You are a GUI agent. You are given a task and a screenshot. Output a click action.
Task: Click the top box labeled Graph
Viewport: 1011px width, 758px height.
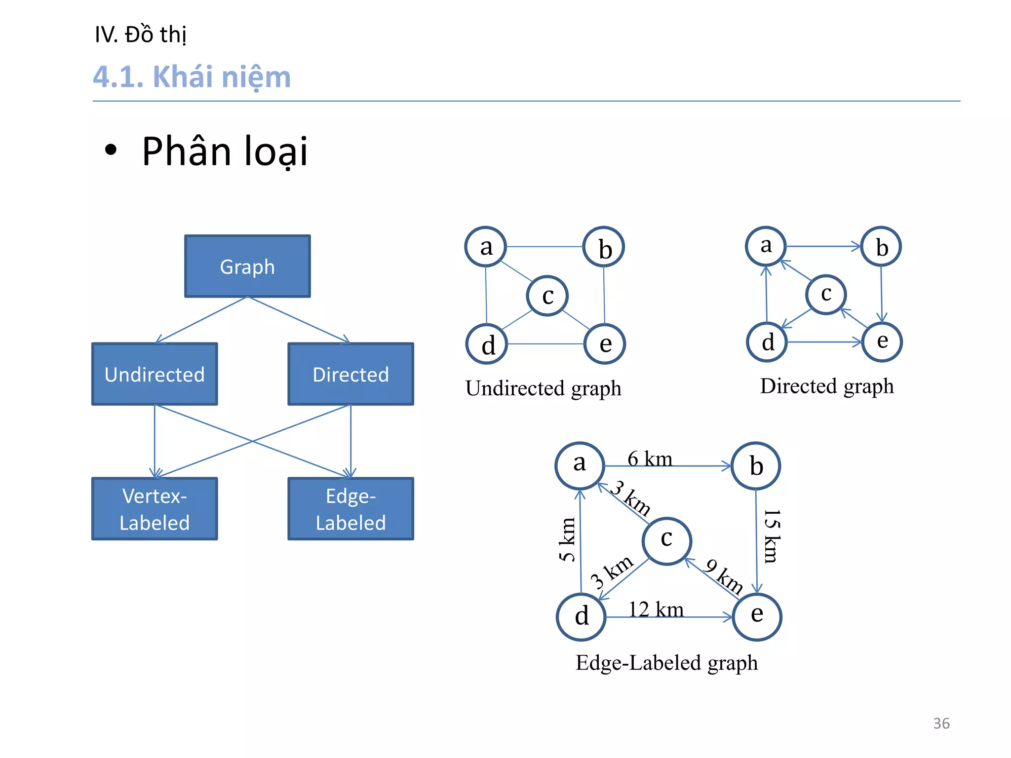tap(247, 266)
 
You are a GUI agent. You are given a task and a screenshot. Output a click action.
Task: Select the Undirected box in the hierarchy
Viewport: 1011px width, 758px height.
tap(155, 374)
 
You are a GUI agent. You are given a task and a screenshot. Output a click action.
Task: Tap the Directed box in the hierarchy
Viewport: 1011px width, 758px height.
tap(350, 374)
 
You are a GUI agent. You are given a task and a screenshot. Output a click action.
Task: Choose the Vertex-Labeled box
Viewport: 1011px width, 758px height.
tap(155, 509)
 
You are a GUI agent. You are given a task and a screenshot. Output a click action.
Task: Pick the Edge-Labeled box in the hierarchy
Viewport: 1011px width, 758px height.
tap(350, 509)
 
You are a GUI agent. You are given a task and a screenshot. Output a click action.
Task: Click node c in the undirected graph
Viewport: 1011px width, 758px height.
tap(547, 296)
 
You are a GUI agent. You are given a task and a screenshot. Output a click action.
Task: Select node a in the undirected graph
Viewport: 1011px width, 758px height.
tap(486, 247)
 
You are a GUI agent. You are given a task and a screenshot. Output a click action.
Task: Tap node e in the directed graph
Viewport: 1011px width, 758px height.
tap(882, 341)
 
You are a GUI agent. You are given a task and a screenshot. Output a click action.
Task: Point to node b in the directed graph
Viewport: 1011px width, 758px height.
tap(881, 247)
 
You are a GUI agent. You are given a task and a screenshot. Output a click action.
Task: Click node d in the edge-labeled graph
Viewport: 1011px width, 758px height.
tap(581, 616)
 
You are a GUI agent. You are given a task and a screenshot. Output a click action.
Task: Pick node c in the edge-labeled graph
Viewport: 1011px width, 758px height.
tap(667, 541)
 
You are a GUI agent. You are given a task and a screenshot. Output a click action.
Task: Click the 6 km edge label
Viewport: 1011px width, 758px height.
tap(650, 459)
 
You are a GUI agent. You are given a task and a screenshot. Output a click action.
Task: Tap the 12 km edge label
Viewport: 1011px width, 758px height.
tap(656, 609)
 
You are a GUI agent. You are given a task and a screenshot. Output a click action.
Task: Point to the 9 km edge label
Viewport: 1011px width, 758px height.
tap(724, 576)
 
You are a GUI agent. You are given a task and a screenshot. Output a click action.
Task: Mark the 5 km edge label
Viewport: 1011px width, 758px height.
tap(567, 539)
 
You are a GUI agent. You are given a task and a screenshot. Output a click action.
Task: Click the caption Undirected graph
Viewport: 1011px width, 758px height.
tap(543, 388)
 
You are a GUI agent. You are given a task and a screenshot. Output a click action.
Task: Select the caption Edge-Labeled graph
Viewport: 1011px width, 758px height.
tap(666, 663)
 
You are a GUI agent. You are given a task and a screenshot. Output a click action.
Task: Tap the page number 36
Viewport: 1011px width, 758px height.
tap(941, 723)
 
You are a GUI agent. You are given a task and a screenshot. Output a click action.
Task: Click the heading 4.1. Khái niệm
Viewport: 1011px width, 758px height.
tap(192, 77)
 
